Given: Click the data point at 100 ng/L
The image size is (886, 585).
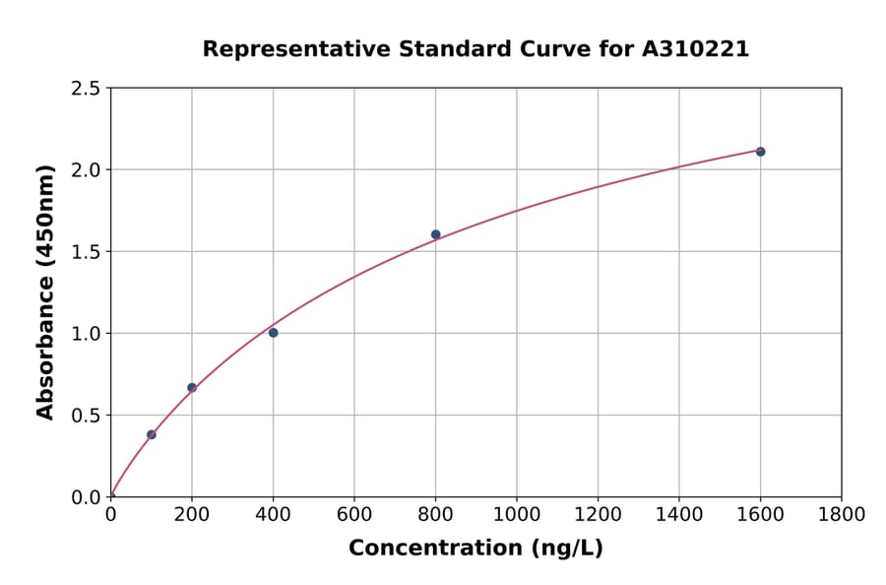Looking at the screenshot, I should pyautogui.click(x=152, y=434).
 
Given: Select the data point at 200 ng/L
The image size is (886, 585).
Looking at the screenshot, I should pyautogui.click(x=192, y=387).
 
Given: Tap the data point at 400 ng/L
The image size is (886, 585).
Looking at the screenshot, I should pyautogui.click(x=273, y=333).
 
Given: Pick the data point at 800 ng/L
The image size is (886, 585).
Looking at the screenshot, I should pyautogui.click(x=435, y=234).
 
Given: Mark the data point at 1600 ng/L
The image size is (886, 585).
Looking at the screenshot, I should pyautogui.click(x=760, y=152).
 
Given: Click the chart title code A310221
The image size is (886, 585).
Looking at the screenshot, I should pyautogui.click(x=697, y=49).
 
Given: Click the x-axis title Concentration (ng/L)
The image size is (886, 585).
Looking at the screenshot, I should pyautogui.click(x=475, y=549).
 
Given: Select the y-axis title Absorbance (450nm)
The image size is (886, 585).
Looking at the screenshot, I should pyautogui.click(x=45, y=292).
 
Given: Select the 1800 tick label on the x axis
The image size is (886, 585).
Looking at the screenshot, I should pyautogui.click(x=841, y=515).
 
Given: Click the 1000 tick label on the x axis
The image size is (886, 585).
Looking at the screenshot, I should pyautogui.click(x=516, y=515).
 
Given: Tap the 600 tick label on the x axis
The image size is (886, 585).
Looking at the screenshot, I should pyautogui.click(x=354, y=515).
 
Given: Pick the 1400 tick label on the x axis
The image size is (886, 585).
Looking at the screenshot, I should pyautogui.click(x=678, y=515).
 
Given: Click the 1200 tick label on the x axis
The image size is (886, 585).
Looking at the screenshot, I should pyautogui.click(x=598, y=515).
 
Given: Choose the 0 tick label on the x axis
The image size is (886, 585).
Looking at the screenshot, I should pyautogui.click(x=111, y=515).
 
